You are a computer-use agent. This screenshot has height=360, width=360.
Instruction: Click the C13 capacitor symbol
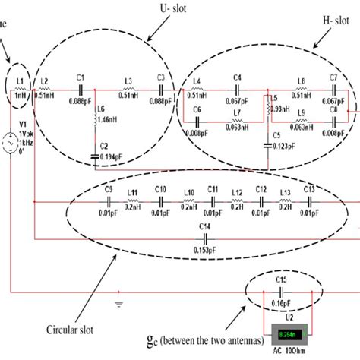coord(309,202)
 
